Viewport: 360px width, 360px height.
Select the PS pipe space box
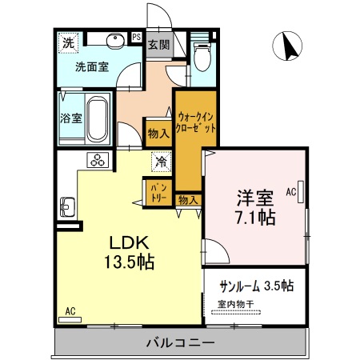click(136, 37)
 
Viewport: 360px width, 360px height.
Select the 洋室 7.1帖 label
click(255, 206)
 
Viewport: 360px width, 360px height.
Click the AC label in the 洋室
click(290, 193)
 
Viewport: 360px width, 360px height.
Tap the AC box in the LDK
click(70, 310)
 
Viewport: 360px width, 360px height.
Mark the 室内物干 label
click(237, 304)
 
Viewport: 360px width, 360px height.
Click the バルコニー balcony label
click(180, 344)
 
